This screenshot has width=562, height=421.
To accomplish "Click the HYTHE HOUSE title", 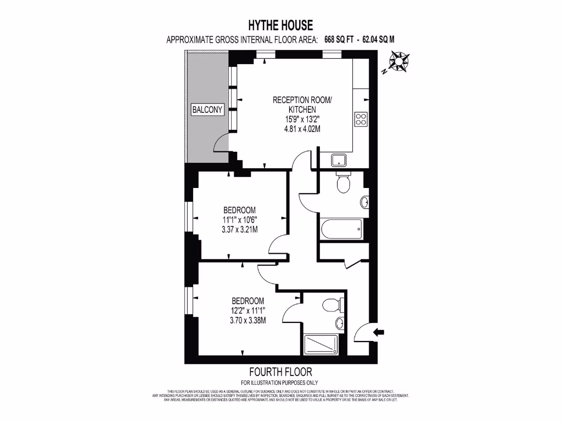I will coord(280,25).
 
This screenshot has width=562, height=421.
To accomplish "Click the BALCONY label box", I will coord(207,110).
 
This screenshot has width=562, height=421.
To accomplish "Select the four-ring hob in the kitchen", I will coord(361,119).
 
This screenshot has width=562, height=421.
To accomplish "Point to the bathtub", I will coord(341,229).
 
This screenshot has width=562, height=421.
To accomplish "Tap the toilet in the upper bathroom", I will coord(344,183).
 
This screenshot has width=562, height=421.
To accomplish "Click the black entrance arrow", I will coord(379,331).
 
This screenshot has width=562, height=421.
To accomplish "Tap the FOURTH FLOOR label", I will coord(280,371).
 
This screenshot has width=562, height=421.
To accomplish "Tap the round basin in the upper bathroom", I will coord(365,203).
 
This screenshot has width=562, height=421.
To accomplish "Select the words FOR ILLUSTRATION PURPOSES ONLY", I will coord(279,383).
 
